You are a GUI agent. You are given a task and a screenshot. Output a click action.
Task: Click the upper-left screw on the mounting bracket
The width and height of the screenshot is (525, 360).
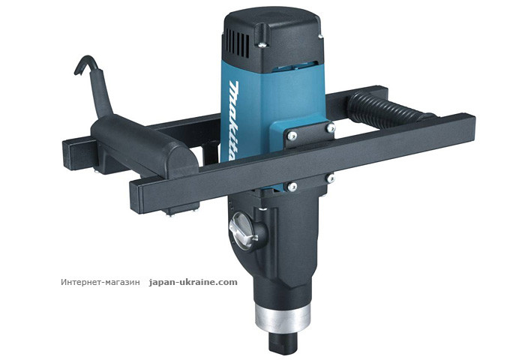click(292, 136)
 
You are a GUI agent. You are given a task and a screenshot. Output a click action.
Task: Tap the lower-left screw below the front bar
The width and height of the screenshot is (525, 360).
click(292, 187)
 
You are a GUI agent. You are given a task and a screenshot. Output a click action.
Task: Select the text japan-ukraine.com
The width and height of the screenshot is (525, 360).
click(193, 283)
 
